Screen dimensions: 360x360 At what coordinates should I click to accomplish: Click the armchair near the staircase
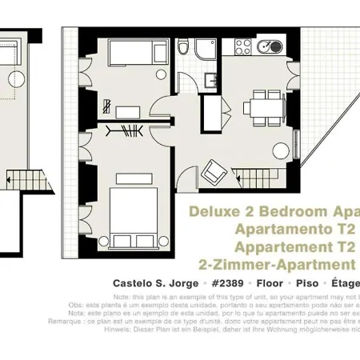pyautogui.click(x=214, y=170)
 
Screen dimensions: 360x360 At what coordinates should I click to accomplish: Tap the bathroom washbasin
pyautogui.click(x=212, y=80)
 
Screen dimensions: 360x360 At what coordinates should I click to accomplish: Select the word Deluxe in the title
pyautogui.click(x=213, y=212)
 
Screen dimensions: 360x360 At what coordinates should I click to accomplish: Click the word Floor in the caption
pyautogui.click(x=268, y=283)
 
